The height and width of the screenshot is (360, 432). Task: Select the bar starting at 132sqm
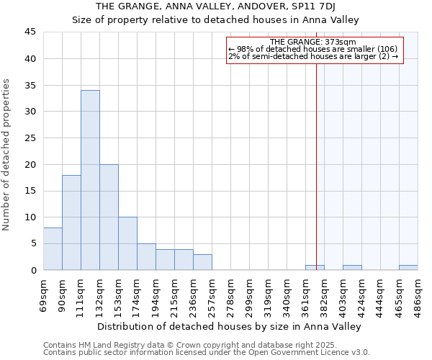coord(109,217)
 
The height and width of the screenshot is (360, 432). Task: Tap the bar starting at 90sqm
coord(71,222)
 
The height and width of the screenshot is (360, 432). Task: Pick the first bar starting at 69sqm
coord(53,249)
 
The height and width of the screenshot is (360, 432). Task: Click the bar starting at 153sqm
coord(127,243)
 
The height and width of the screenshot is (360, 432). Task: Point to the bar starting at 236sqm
coord(202,262)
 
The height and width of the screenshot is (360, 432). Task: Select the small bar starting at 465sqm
coord(408,268)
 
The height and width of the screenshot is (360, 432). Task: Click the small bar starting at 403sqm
coord(352,268)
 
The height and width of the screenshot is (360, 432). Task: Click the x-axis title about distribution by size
coord(229,326)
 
